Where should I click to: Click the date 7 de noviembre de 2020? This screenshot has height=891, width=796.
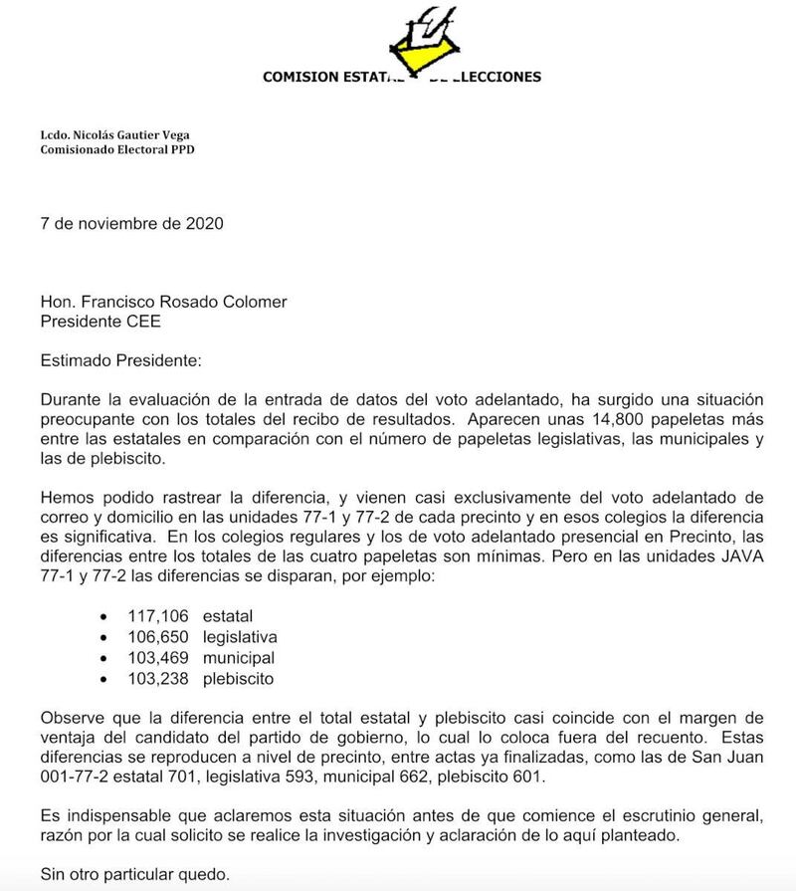coord(131,223)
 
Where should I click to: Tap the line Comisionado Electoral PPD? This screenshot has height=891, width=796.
coord(117,150)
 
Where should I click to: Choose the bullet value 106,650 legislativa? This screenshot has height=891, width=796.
coord(202,637)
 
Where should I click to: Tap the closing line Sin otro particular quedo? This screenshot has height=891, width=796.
coord(134,875)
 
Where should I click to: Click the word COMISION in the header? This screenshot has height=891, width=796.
coord(301,78)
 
